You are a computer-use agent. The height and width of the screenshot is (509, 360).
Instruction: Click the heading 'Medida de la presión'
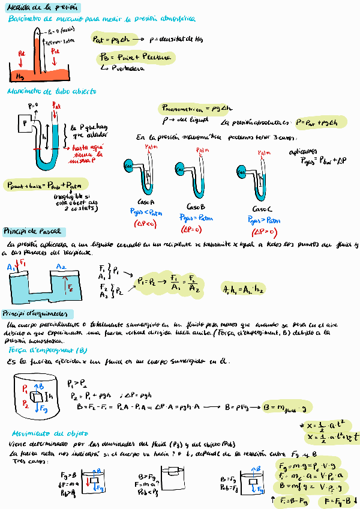(x=40, y=7)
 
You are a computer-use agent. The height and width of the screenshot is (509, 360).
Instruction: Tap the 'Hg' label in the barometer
(x=20, y=77)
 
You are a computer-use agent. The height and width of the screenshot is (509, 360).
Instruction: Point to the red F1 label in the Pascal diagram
(x=23, y=263)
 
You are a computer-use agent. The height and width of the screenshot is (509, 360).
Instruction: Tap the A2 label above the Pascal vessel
(x=61, y=267)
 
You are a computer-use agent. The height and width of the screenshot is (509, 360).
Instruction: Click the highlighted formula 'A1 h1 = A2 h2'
(x=243, y=288)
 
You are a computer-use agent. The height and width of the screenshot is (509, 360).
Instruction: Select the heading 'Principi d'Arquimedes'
(x=38, y=314)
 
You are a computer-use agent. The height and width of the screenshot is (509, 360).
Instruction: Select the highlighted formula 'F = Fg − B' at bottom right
(x=339, y=499)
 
